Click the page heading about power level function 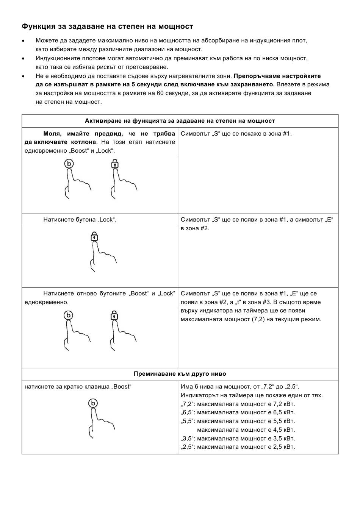107,27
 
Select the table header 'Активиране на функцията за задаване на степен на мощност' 180,121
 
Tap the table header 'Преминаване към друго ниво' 180,374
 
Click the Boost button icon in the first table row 69,164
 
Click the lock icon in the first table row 114,164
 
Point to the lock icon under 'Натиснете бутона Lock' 94,237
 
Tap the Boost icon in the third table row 69,315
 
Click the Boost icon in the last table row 93,403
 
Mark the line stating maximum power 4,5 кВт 246,430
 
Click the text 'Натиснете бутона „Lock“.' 80,220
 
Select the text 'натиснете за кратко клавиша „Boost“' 78,387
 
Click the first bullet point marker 23,41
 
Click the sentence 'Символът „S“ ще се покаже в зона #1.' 236,134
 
